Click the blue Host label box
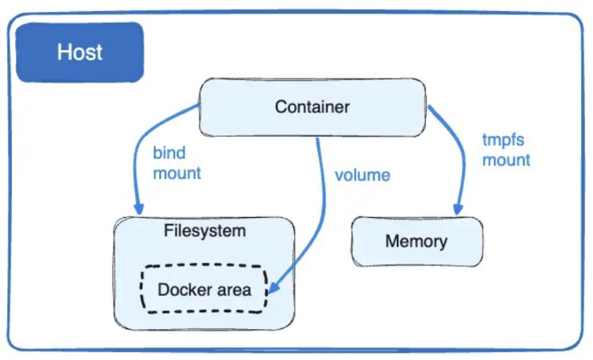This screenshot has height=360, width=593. click(79, 52)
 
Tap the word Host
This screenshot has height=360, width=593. click(79, 52)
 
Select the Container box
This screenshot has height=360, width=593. click(312, 107)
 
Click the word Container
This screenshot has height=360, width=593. click(312, 107)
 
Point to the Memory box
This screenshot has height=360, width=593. click(417, 242)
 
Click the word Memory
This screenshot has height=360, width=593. click(417, 242)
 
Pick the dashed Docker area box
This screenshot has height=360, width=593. click(204, 289)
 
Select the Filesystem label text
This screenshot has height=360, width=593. click(204, 230)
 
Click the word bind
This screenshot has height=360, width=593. click(169, 153)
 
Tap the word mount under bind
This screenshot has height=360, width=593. click(177, 173)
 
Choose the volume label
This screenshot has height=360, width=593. click(362, 176)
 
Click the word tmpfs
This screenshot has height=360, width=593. click(503, 141)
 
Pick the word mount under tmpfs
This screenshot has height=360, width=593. click(506, 161)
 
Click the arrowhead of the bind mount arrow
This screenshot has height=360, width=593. click(139, 208)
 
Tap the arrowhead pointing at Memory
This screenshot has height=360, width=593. click(458, 208)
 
